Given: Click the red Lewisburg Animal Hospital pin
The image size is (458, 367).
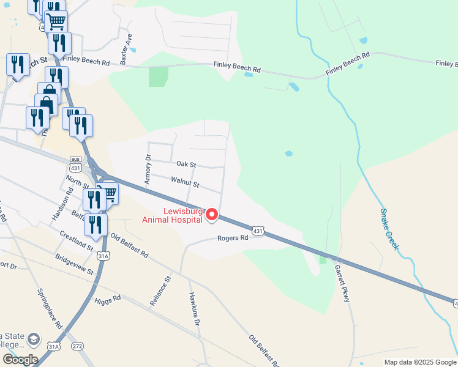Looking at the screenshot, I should pos(212,215).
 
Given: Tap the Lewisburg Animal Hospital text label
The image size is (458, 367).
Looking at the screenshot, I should pos(173,216).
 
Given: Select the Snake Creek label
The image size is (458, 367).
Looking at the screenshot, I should pos(389,229).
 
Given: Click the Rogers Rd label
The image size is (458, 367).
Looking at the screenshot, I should pos(233,238).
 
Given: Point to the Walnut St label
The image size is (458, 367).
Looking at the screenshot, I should pos(185,183).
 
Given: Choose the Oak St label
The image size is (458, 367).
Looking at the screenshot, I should pos(186,165).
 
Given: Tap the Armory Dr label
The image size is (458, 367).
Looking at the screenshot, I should pos(147,169).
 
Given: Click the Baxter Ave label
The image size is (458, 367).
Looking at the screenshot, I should pos(126,49).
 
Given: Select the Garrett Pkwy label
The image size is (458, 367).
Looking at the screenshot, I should pos(341,281).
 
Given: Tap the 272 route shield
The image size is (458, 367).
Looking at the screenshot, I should pos(77,346).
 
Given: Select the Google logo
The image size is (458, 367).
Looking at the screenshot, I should pos(20,360).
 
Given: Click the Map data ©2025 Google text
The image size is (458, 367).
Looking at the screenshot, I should pos(419,362).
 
